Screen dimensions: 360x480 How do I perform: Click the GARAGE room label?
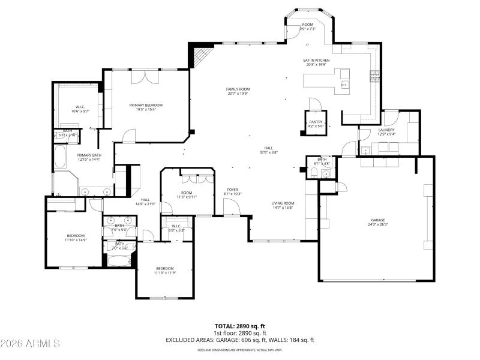coord(377,220)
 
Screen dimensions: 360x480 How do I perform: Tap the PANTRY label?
coord(316,122)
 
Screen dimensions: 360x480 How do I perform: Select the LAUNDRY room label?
coord(386,130)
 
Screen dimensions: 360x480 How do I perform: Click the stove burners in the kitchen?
coord(376,74)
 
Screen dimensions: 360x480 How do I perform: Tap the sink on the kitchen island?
coord(344,85)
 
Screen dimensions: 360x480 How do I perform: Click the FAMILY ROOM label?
coord(238,89)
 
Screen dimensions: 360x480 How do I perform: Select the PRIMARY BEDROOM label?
coord(146,105)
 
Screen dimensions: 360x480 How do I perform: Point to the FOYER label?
coord(232,189)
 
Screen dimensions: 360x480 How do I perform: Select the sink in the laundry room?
coord(365,151)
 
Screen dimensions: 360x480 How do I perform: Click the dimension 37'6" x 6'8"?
coord(268,152)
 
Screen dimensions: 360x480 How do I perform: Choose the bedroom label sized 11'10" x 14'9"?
coord(76,235)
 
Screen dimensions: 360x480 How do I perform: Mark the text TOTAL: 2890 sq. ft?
coord(240,326)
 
